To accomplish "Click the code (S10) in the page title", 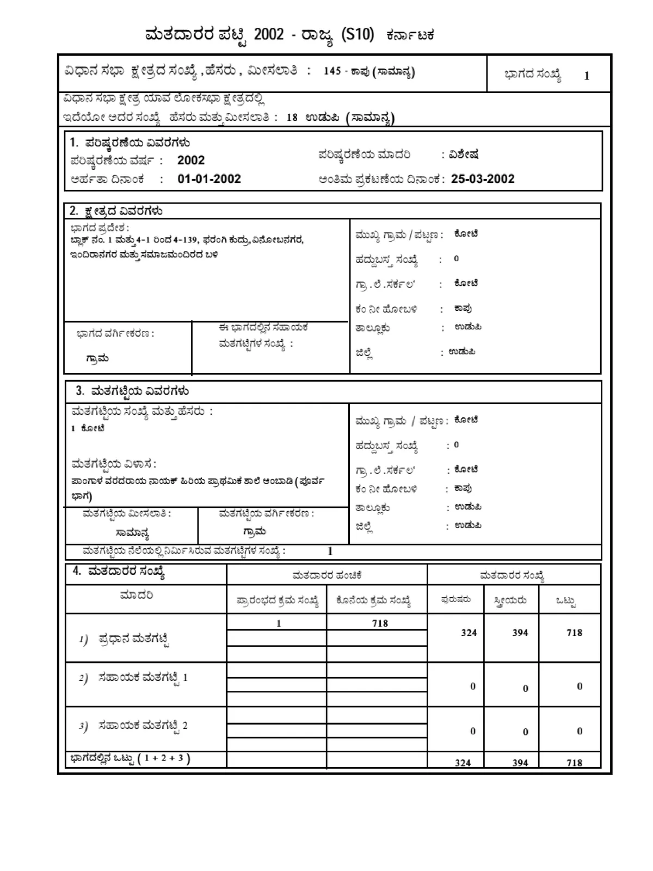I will tap(358, 34).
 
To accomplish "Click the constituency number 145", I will tap(332, 71).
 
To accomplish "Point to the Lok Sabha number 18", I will tap(292, 118).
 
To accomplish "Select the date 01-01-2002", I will tap(209, 179).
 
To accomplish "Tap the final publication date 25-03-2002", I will tap(483, 179).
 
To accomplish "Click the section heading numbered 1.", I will tap(130, 143).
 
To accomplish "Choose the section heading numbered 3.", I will tap(132, 391).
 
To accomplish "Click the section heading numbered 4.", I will tap(119, 572).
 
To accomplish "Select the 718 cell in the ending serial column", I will tap(380, 623).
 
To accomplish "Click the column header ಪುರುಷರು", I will tap(455, 600).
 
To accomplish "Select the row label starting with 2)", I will tap(133, 678).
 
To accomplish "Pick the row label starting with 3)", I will tap(133, 726).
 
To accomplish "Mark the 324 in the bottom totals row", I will tap(463, 763).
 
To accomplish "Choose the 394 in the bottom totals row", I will tap(520, 763).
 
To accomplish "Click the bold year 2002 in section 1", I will tap(191, 161).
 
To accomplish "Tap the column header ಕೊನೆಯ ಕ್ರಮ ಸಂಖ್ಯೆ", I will tap(373, 601).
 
